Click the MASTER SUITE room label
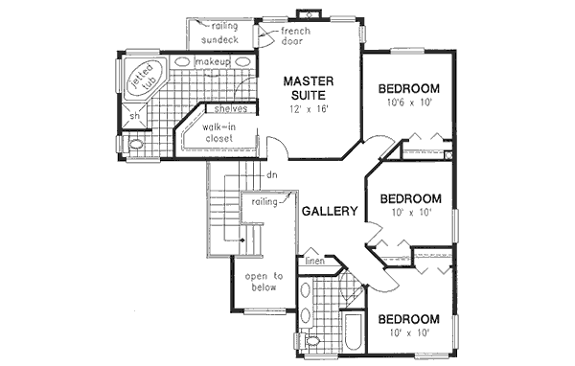308,88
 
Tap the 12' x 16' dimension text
308,110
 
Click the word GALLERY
330,212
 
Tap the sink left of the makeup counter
184,63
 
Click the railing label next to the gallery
264,202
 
